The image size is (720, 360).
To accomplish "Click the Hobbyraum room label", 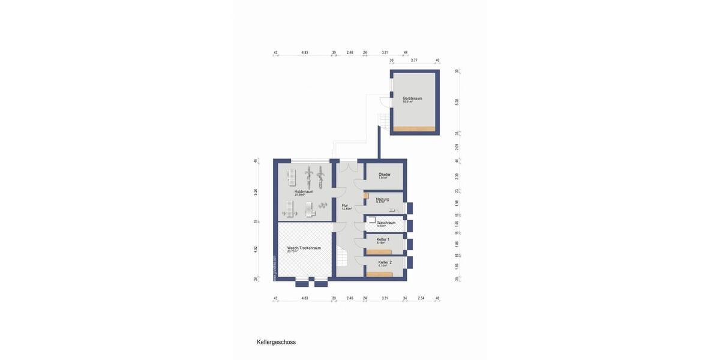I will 304,191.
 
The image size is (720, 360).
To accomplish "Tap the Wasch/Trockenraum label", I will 304,248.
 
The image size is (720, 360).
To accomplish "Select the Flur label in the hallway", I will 345,206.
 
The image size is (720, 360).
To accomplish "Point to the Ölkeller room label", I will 385,175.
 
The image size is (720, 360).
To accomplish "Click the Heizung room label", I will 383,199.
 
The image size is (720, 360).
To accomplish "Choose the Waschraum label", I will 386,223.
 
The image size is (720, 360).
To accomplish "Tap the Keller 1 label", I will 383,239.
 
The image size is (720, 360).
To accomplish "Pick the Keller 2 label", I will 385,262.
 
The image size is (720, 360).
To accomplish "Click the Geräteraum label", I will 412,98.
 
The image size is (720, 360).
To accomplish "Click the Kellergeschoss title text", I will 276,342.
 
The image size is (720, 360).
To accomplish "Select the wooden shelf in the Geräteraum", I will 414,128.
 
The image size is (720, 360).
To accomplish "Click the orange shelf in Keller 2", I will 379,274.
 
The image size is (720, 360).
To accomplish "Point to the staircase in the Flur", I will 344,258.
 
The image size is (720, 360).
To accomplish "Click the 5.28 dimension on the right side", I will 457,102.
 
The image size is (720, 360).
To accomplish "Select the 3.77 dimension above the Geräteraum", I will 414,61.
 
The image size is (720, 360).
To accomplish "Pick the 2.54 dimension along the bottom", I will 421,298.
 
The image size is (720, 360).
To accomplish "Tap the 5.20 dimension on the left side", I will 256,192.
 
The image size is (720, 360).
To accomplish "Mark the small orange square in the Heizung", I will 366,196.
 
